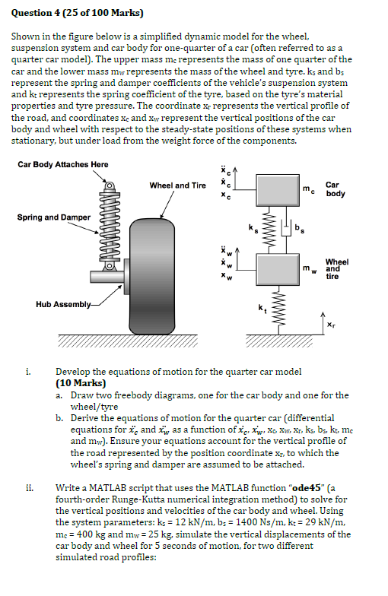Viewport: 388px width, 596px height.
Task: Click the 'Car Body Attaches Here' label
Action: click(x=62, y=164)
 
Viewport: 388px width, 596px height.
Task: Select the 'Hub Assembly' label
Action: click(x=64, y=304)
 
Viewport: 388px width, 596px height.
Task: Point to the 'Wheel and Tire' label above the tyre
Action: click(x=177, y=185)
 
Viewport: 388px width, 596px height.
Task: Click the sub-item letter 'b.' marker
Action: click(x=60, y=418)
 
